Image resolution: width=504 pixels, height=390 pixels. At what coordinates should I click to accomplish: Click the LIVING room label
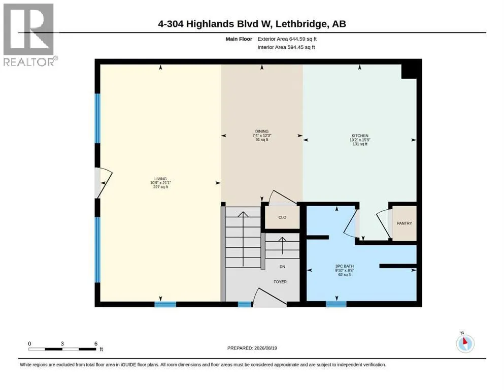click(160, 179)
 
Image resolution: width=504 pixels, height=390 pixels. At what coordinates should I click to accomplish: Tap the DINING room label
click(262, 131)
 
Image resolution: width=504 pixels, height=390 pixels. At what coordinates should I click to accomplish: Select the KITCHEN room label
click(360, 136)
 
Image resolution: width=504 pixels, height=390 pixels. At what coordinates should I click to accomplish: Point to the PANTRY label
click(405, 223)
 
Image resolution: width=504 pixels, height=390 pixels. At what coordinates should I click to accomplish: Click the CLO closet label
click(282, 217)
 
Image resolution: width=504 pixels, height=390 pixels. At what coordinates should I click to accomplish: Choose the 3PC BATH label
click(345, 266)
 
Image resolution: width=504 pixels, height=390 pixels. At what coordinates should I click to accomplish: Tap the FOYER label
click(280, 282)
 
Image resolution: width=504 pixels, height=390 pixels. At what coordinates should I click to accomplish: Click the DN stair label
click(282, 267)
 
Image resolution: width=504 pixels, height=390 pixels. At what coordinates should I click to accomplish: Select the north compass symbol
click(465, 343)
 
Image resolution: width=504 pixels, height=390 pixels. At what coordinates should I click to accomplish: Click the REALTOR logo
click(28, 35)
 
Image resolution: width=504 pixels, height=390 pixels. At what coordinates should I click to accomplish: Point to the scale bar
click(62, 349)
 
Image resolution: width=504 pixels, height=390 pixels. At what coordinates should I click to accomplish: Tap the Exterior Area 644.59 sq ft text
click(287, 39)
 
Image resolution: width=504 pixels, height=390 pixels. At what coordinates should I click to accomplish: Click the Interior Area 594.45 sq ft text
click(286, 47)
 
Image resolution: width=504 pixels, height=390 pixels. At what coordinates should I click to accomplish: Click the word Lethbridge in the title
click(301, 24)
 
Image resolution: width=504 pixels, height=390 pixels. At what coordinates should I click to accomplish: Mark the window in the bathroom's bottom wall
click(336, 304)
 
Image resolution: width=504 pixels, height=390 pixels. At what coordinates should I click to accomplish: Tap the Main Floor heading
click(239, 39)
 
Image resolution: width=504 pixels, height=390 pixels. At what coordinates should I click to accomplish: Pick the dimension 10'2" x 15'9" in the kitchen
click(360, 140)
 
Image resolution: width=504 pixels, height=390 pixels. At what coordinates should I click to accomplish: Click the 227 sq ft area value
click(160, 187)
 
